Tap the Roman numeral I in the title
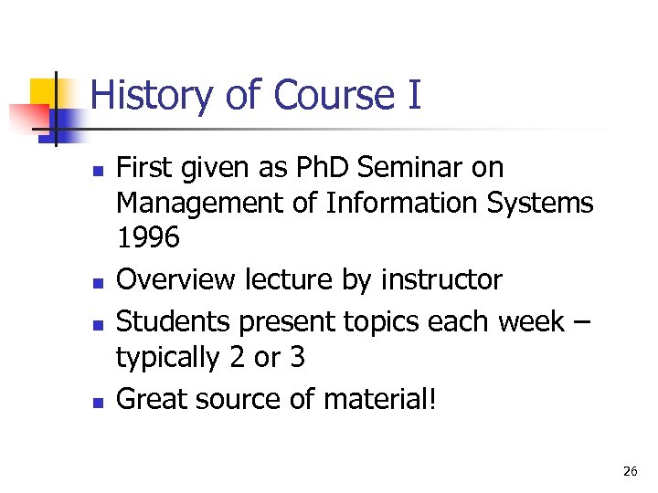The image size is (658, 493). [x=412, y=95]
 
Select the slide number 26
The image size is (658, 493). [x=630, y=471]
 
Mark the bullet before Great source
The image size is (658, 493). [x=97, y=401]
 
